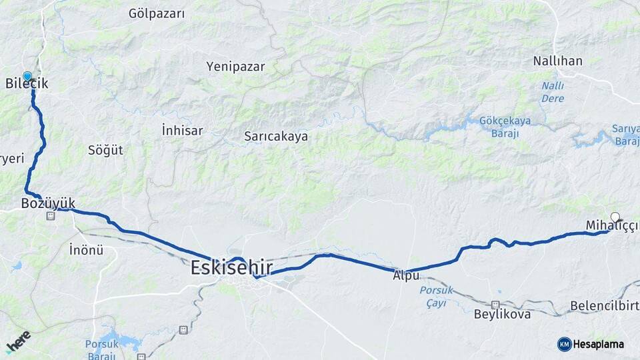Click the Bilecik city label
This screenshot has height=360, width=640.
27,84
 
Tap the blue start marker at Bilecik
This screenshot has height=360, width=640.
27,77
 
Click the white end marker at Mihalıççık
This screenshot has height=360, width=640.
615,217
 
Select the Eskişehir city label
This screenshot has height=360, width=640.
231,268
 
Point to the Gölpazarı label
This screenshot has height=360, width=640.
157,13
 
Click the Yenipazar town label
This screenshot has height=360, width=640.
235,67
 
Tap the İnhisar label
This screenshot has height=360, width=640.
182,131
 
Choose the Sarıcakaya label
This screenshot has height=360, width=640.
275,136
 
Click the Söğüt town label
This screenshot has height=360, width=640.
105,150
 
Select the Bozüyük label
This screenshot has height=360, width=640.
48,202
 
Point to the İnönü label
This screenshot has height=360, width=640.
87,251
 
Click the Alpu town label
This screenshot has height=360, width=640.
406,275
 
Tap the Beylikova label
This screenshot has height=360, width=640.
502,313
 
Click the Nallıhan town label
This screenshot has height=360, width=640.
557,61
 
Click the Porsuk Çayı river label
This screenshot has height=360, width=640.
437,296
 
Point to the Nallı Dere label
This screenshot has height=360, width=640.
553,92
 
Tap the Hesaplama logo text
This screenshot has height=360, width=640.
599,345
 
